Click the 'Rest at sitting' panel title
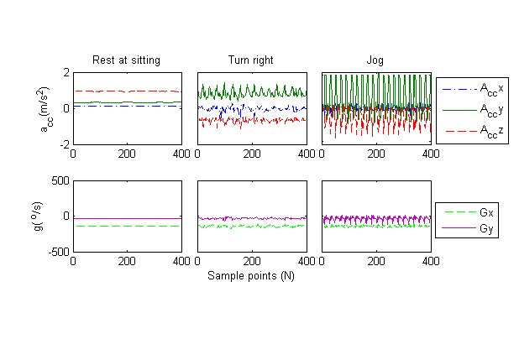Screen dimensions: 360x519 pyautogui.click(x=126, y=60)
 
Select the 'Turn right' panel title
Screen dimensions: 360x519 pyautogui.click(x=250, y=60)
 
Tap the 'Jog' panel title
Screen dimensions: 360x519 pyautogui.click(x=375, y=60)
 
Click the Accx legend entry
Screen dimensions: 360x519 pyautogui.click(x=491, y=88)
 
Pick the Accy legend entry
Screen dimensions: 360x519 pyautogui.click(x=491, y=110)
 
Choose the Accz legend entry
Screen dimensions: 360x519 pyautogui.click(x=491, y=131)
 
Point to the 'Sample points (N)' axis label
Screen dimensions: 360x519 pyautogui.click(x=251, y=274)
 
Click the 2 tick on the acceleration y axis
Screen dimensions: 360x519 pyautogui.click(x=66, y=73)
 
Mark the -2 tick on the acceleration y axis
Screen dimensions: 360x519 pyautogui.click(x=64, y=144)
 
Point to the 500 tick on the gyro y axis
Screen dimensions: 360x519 pyautogui.click(x=60, y=180)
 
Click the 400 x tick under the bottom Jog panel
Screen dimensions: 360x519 pyautogui.click(x=428, y=261)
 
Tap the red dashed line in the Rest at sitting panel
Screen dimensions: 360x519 pyautogui.click(x=126, y=91)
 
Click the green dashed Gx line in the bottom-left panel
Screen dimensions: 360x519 pyautogui.click(x=126, y=226)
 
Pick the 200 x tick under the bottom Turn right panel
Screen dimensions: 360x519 pyautogui.click(x=251, y=261)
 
